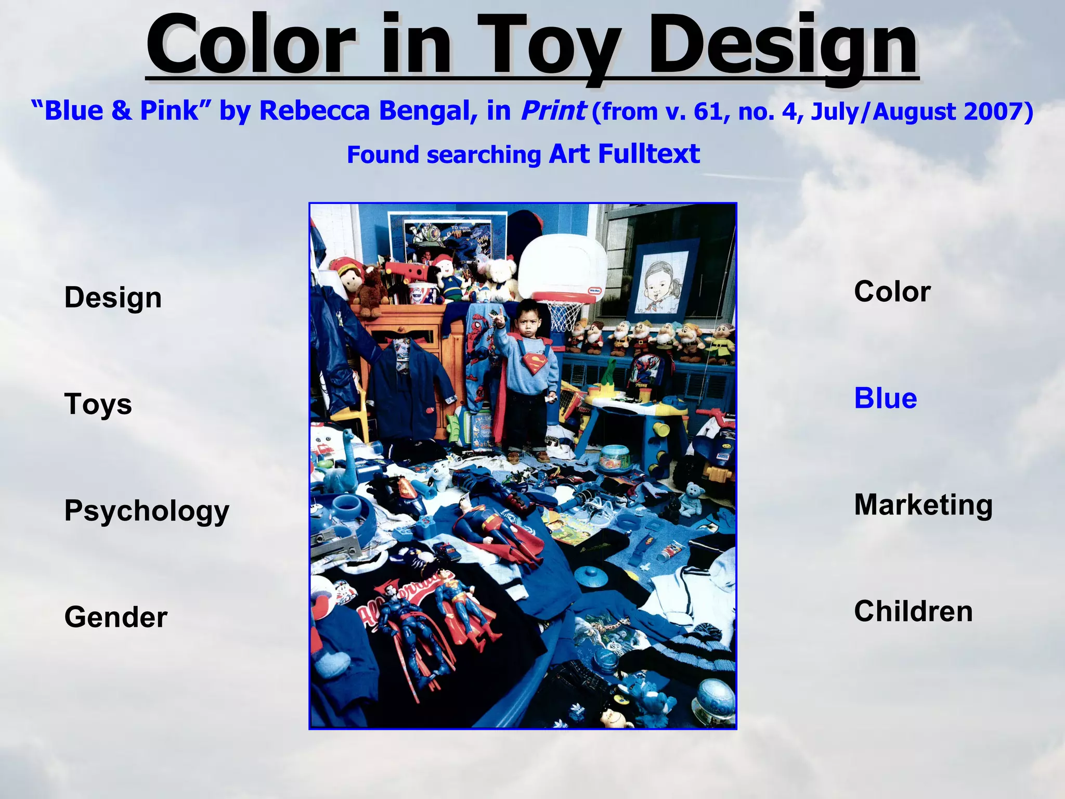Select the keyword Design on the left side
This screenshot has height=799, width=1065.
[x=113, y=298]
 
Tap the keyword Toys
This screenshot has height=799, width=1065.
[x=98, y=405]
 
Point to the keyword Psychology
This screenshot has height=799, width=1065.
[x=147, y=511]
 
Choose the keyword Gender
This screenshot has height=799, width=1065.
[x=115, y=617]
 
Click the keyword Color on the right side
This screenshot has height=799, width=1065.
[x=892, y=292]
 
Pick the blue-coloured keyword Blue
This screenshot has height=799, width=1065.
[x=885, y=398]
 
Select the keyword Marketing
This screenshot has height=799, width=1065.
[x=923, y=505]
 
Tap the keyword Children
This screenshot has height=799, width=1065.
[x=913, y=611]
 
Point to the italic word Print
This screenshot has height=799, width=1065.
[x=553, y=111]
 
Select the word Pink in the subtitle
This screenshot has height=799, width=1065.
[x=169, y=111]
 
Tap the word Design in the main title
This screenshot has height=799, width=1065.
[x=783, y=47]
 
